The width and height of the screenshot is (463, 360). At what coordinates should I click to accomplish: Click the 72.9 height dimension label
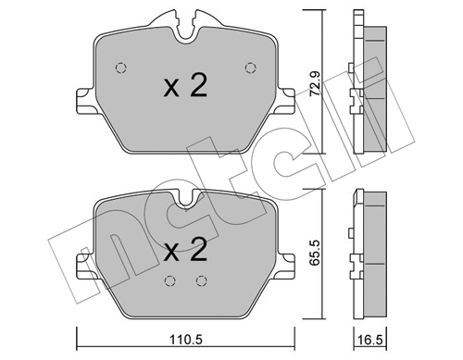tap(316, 88)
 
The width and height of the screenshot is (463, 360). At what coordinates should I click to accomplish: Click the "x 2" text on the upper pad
tap(184, 88)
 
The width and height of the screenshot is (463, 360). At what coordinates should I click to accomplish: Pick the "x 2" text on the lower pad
tap(184, 250)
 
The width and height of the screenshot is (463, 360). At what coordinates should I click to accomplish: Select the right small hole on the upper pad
tap(248, 66)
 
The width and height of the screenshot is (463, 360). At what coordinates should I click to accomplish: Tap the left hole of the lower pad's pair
tap(169, 283)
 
